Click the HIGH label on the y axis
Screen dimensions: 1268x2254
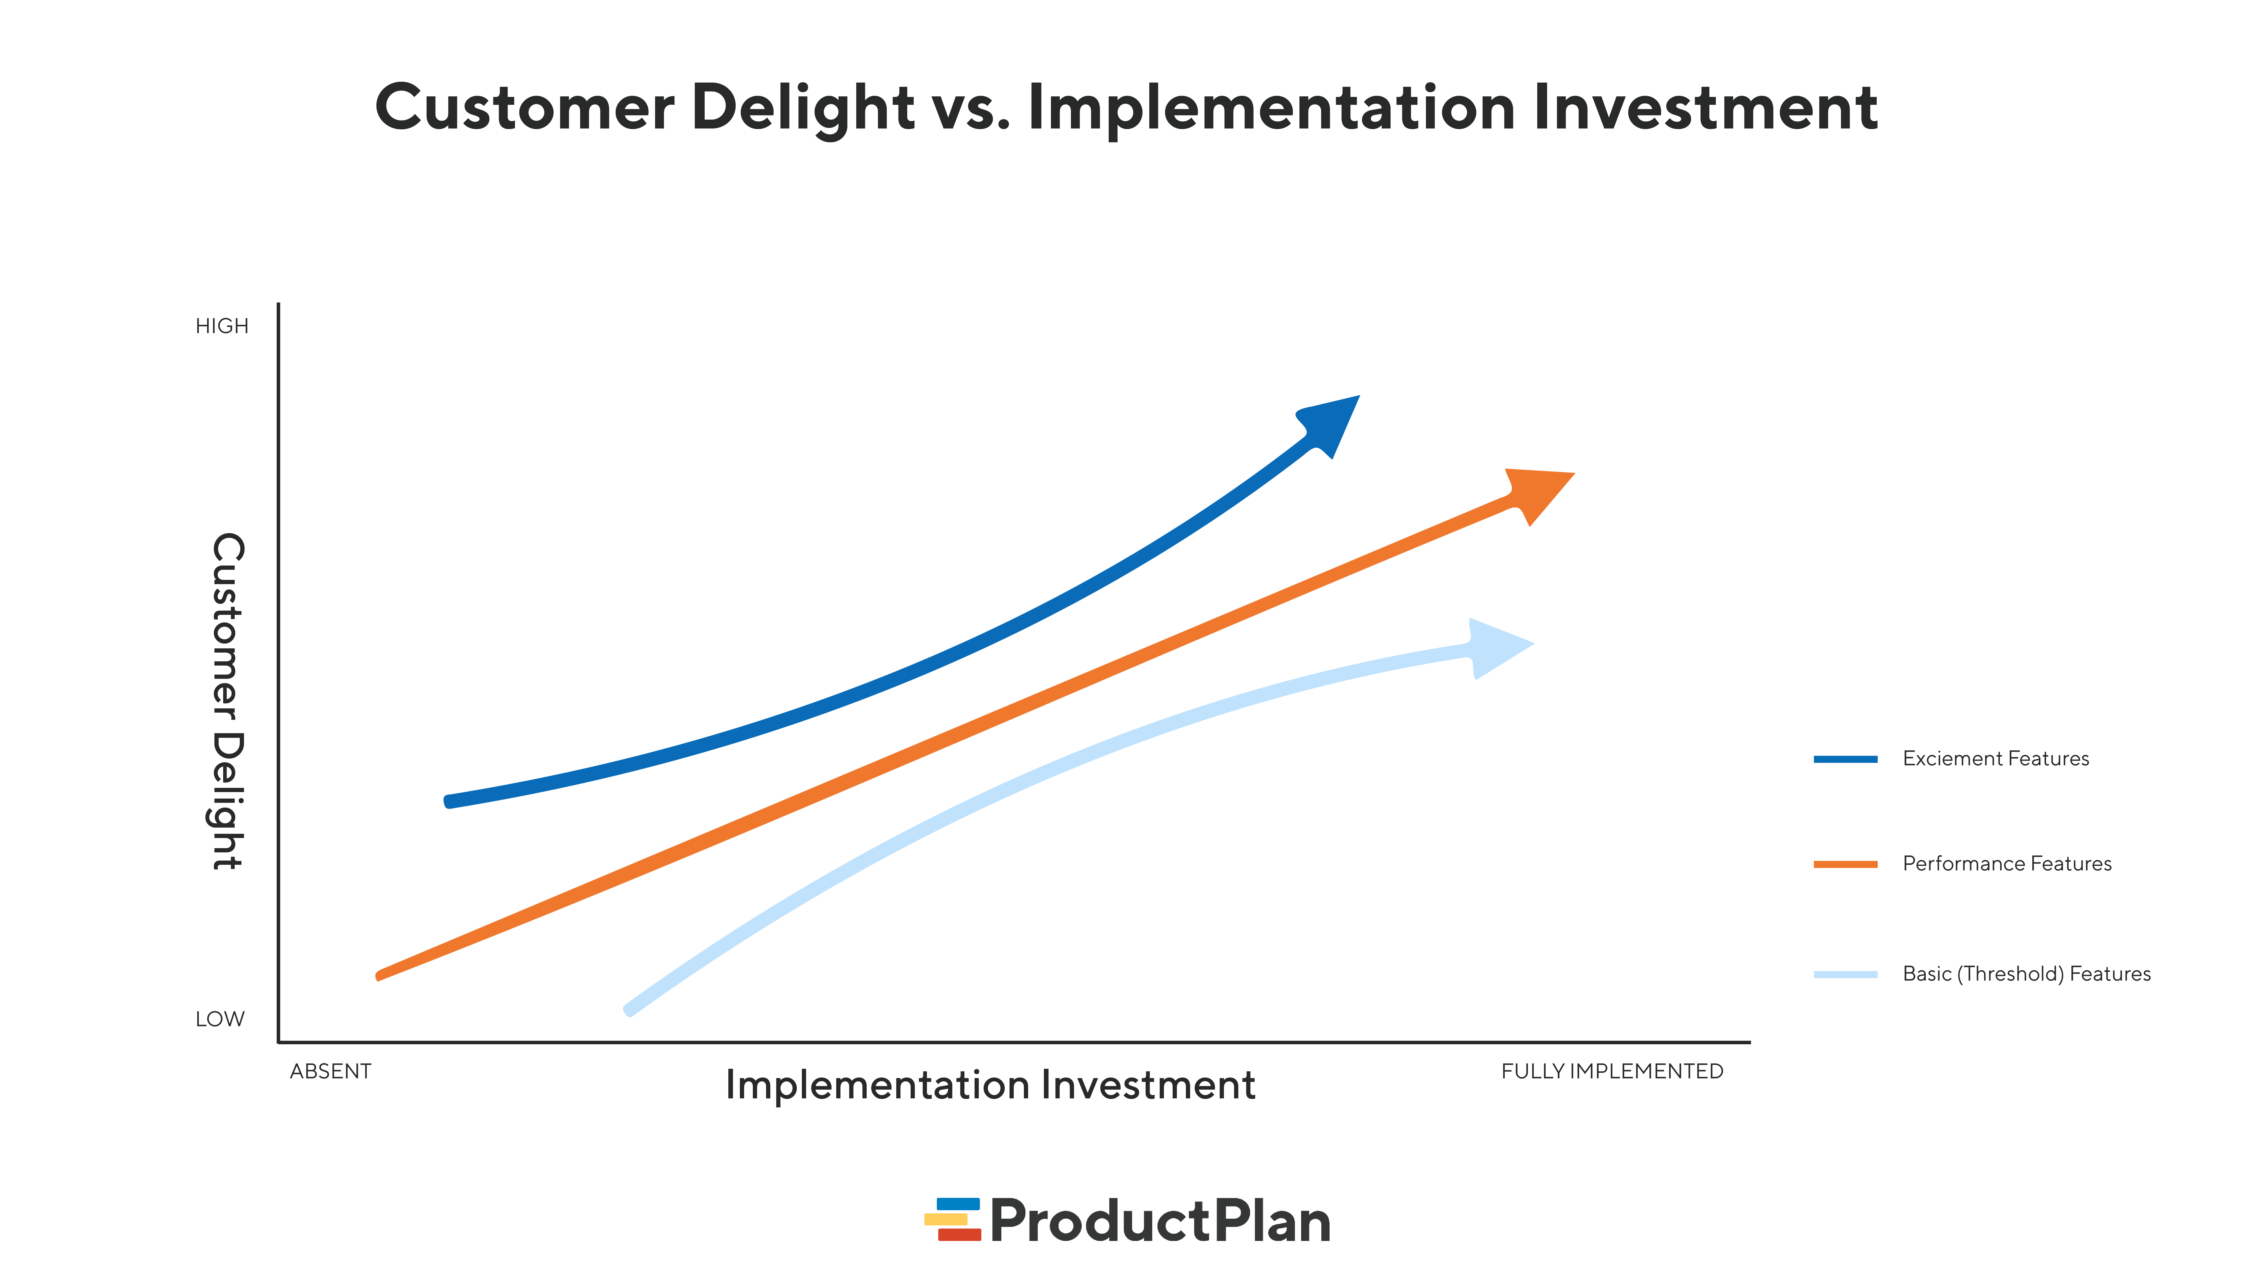pyautogui.click(x=221, y=326)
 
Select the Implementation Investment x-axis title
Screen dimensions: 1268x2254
pyautogui.click(x=990, y=1085)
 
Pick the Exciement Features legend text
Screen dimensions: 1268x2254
pyautogui.click(x=1995, y=759)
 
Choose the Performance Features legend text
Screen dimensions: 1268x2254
pyautogui.click(x=2006, y=864)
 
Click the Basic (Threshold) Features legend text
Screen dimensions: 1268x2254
pyautogui.click(x=2026, y=974)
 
